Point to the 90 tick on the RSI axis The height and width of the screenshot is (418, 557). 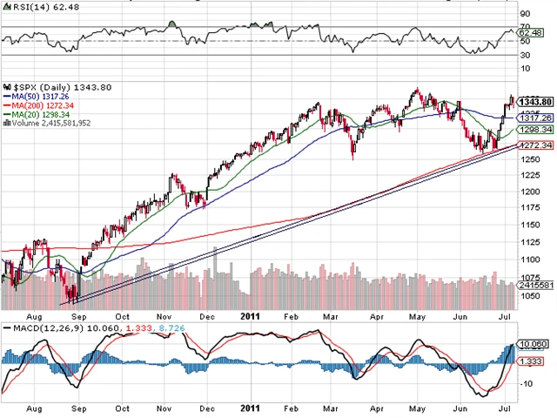tap(525, 14)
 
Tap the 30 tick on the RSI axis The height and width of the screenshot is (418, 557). tap(525, 56)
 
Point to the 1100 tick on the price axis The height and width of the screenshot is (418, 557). tap(529, 259)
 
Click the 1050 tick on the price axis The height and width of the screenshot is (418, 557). tap(529, 296)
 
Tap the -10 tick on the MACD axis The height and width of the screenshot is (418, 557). tap(526, 384)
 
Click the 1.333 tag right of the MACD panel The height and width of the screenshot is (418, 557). tap(530, 361)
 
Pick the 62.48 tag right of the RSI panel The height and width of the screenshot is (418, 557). tap(529, 32)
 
